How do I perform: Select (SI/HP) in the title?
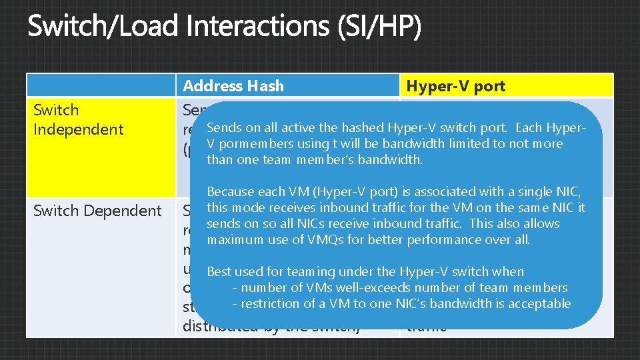379,28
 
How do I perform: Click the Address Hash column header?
233,86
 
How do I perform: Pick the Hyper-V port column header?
456,86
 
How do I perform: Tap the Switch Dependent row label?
98,211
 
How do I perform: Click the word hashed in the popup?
363,128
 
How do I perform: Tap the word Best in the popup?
219,271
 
